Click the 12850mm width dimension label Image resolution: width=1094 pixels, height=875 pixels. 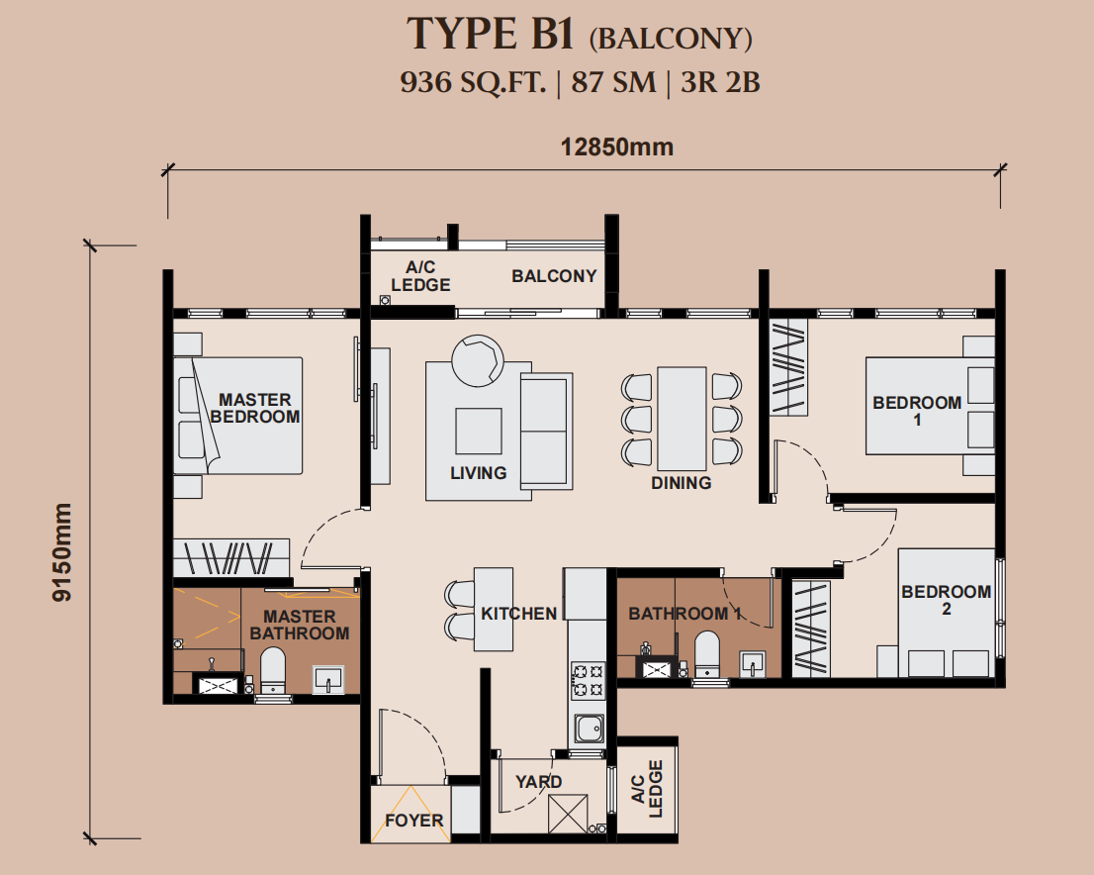617,147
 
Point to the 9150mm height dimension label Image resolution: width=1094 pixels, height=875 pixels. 62,551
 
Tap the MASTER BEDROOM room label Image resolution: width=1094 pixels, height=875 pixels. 254,409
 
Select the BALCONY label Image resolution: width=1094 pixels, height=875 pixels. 554,276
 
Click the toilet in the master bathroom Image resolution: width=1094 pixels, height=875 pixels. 273,670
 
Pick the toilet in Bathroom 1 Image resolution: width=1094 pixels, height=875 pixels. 707,654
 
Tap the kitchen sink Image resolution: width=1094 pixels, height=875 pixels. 589,729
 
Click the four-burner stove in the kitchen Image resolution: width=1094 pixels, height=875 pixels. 588,681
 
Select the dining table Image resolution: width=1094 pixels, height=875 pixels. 682,419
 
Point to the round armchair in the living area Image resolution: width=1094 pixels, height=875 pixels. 477,360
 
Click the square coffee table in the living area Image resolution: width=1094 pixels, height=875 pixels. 479,431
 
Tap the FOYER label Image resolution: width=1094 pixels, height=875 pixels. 414,821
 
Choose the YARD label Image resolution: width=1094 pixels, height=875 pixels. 539,781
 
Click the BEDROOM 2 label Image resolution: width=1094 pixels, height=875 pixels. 946,600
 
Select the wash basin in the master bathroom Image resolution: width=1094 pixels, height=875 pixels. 328,679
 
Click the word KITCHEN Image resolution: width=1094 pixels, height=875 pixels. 519,614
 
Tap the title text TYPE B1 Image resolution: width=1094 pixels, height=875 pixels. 491,34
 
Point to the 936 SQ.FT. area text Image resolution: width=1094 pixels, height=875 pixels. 473,82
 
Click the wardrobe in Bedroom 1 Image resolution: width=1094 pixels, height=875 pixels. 788,367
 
